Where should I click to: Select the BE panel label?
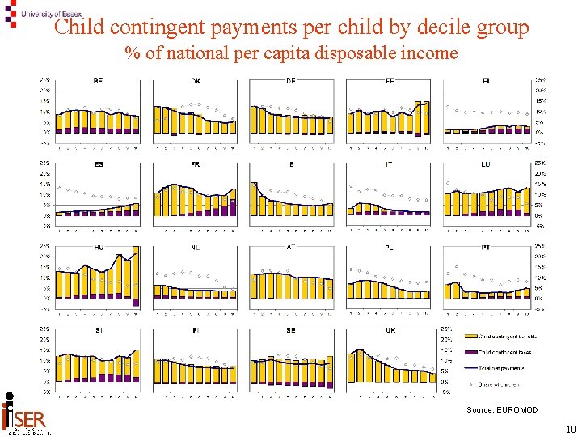click(x=98, y=81)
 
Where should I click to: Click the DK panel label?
click(x=196, y=81)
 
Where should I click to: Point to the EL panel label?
click(x=487, y=81)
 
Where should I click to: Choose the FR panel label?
click(x=196, y=164)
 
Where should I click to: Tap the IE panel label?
click(x=291, y=164)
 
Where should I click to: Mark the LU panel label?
click(x=485, y=164)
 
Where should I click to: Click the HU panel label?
click(x=99, y=248)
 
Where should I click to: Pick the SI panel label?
click(x=98, y=330)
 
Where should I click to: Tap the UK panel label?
click(x=390, y=330)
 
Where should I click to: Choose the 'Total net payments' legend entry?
click(x=500, y=368)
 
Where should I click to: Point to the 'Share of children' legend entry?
click(x=499, y=384)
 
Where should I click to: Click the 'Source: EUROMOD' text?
click(x=501, y=410)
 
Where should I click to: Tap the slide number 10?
click(x=571, y=430)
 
